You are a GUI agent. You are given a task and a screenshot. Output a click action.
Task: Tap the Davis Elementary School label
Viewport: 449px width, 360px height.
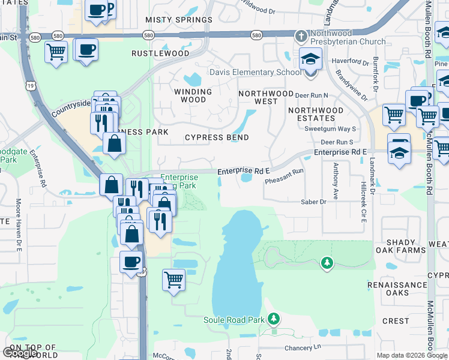click(x=255, y=73)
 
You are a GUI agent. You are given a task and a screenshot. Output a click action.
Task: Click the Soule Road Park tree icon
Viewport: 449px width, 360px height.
click(x=274, y=317)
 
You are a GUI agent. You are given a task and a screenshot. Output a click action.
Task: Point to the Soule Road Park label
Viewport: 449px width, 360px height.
click(x=234, y=320)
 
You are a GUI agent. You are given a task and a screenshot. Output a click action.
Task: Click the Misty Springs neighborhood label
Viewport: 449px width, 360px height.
click(x=179, y=20)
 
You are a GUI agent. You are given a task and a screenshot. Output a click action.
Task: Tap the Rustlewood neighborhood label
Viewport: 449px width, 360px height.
click(x=160, y=53)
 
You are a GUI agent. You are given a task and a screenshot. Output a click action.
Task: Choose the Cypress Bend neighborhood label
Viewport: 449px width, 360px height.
click(x=217, y=137)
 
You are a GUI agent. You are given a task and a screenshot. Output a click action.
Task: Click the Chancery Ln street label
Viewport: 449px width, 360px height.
click(x=304, y=348)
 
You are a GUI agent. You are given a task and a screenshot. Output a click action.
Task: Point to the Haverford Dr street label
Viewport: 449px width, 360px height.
click(x=352, y=62)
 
